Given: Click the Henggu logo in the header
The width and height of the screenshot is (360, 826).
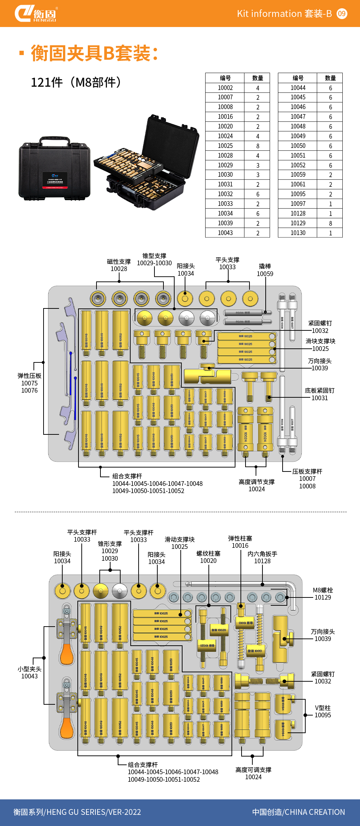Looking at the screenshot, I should click(36, 14).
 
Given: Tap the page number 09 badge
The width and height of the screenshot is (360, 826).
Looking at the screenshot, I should click(342, 14).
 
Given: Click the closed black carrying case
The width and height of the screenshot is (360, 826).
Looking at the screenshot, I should click(54, 169).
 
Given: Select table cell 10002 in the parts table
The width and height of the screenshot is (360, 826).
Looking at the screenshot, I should click(225, 88).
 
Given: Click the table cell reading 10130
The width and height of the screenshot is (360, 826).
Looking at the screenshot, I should click(298, 233).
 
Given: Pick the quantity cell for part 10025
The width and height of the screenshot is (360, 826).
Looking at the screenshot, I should click(257, 146).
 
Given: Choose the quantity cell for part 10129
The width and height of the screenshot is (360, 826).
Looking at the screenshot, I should click(330, 223).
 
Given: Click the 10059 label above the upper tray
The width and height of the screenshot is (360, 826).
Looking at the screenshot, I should click(265, 274).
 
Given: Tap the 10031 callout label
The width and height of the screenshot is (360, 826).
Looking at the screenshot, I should click(319, 398).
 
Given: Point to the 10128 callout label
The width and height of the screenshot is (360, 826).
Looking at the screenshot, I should click(262, 561).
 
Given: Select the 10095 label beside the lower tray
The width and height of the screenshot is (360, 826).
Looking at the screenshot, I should click(323, 715).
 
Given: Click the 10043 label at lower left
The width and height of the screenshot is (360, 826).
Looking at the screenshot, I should click(30, 676).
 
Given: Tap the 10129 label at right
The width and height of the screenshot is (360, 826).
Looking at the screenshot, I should click(323, 597).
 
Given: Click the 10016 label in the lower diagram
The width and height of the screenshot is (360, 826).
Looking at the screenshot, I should click(240, 546).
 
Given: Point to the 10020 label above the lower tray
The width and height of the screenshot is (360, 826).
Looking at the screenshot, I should click(208, 561).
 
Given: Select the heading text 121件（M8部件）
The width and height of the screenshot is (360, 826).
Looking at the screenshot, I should click(76, 82).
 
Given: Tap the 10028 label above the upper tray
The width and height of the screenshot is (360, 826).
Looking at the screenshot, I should click(119, 269).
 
